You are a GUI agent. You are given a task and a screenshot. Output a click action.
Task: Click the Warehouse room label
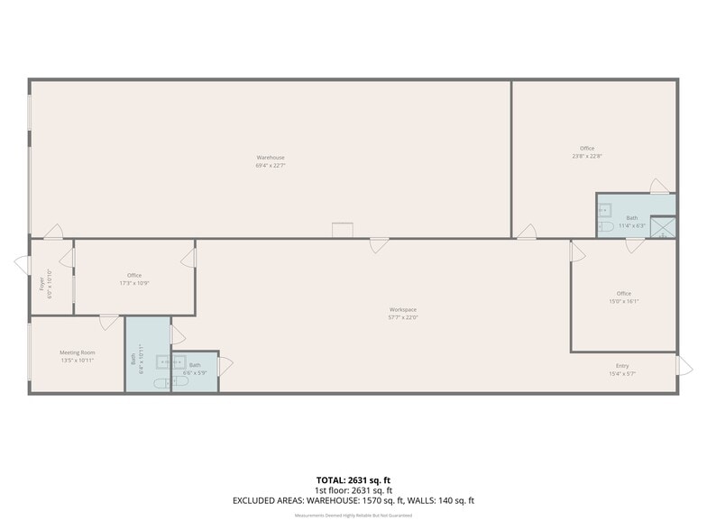pos(270,158)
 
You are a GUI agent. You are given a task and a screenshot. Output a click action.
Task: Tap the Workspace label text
pos(403,309)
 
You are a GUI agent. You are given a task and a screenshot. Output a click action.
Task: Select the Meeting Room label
pos(77,352)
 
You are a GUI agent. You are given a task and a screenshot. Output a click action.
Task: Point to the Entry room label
pos(622,365)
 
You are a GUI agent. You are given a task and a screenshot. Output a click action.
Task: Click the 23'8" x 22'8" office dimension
pos(587,156)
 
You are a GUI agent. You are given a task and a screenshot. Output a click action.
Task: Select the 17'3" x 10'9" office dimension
pos(134,283)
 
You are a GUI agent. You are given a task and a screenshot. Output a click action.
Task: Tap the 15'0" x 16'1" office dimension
pos(624,301)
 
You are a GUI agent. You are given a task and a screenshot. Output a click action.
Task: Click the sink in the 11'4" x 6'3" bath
pos(605,209)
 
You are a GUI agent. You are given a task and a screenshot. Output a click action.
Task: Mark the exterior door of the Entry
pos(684,365)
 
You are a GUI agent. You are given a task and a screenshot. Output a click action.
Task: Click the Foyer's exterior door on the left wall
pos(22,263)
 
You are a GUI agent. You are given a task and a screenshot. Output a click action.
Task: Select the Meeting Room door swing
pos(109,322)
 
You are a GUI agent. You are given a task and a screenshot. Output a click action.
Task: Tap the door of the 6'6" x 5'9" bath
pos(225,365)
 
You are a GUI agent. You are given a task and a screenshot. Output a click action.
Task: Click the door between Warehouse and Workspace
pos(379,244)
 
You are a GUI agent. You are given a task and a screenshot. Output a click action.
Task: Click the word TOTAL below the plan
pos(330,480)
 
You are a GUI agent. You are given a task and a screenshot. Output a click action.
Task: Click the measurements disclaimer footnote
pos(353,516)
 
